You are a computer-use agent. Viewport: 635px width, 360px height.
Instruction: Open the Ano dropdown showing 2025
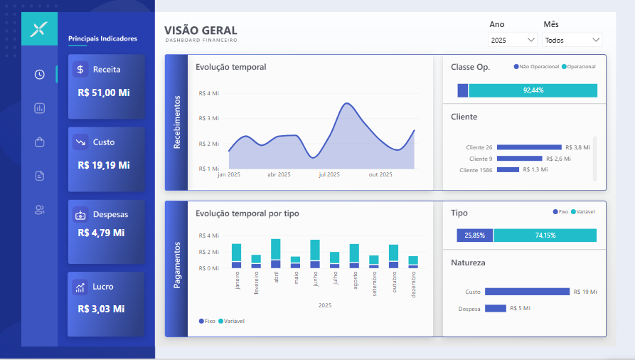pos(512,40)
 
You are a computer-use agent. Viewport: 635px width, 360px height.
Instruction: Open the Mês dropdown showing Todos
pos(572,40)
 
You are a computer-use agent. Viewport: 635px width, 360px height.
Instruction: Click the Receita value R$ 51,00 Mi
pos(104,92)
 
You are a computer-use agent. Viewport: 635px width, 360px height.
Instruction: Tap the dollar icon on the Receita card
pos(80,69)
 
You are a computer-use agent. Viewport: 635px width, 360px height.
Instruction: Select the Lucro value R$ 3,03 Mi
pos(101,309)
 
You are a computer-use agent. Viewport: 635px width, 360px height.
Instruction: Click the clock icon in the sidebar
pos(39,74)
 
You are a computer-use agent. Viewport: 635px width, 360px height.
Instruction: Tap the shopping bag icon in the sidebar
pos(39,142)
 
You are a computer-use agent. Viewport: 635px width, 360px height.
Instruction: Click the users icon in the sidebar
pos(39,210)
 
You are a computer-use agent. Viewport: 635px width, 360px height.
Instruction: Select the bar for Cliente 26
pos(529,147)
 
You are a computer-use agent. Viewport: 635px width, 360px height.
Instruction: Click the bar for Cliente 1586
pos(508,169)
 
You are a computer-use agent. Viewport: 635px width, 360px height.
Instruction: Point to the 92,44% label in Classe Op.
pos(533,90)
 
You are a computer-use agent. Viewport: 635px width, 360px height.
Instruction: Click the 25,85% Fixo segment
pos(474,235)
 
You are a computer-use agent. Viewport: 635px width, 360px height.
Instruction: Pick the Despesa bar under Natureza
pos(496,309)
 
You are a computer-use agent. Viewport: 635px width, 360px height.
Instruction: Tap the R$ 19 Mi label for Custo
pos(585,292)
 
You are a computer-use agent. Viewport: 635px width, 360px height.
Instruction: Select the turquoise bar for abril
pos(276,249)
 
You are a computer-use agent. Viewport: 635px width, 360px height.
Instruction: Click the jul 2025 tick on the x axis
pos(329,174)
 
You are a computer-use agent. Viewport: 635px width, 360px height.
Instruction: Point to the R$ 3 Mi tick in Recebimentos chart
pos(208,118)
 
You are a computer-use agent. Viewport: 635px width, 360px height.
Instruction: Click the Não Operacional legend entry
pos(537,66)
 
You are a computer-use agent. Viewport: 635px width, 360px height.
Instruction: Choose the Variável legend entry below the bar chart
pos(232,321)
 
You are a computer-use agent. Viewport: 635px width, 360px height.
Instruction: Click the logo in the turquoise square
pos(39,28)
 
